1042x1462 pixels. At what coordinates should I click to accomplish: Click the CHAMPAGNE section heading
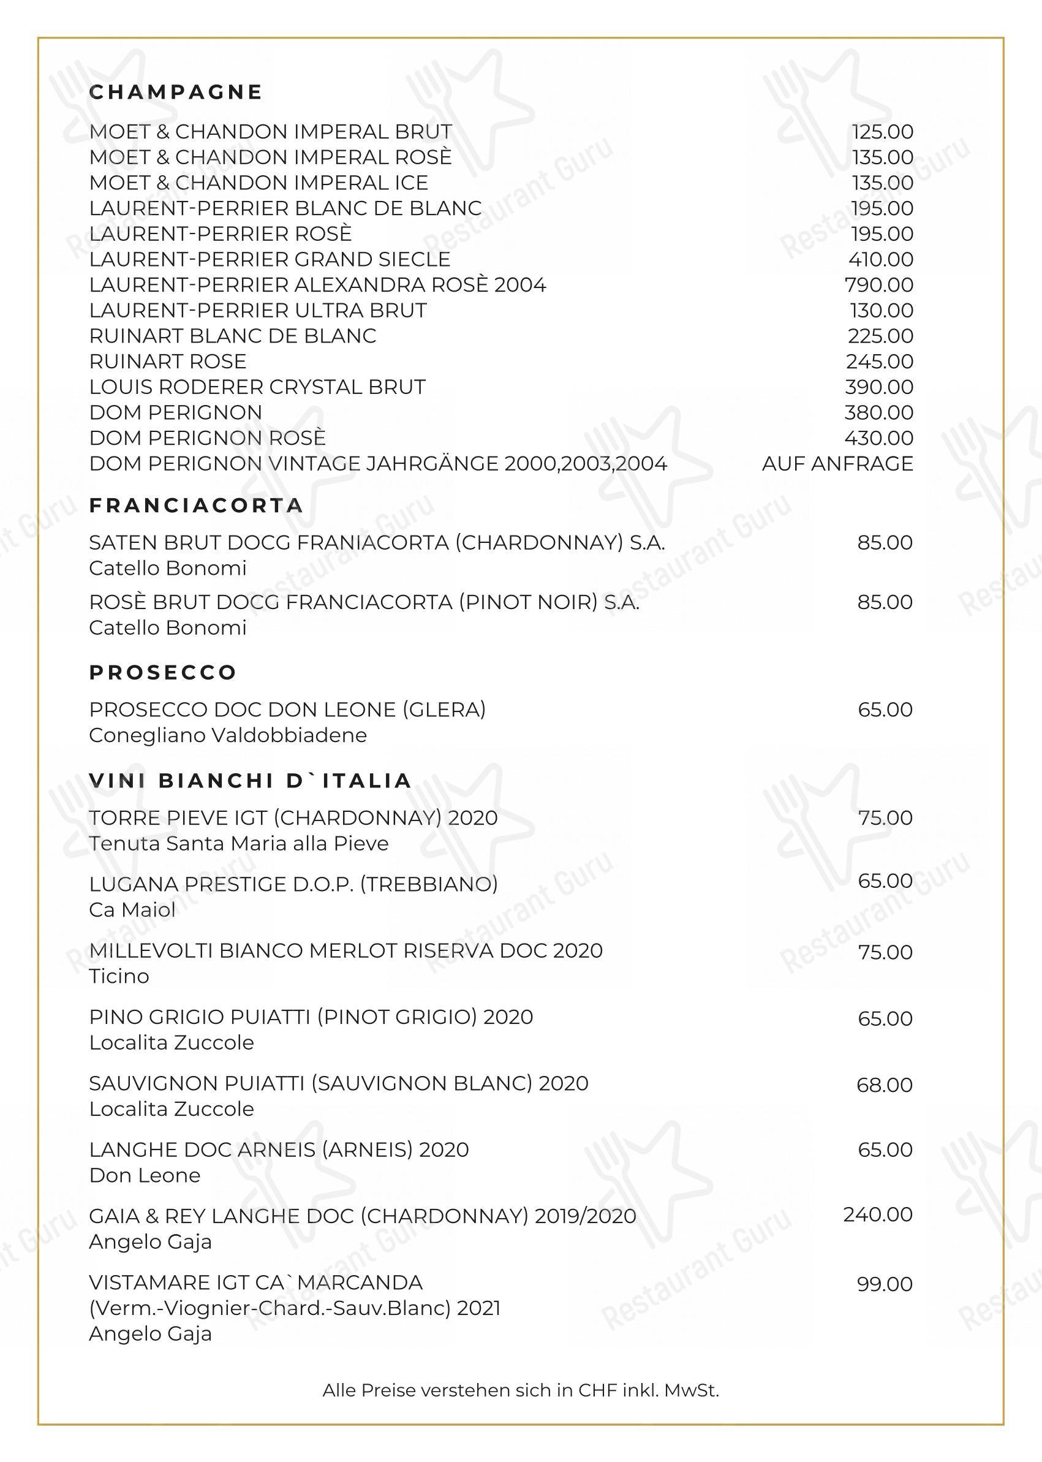click(176, 93)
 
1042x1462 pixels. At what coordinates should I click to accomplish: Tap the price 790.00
click(879, 285)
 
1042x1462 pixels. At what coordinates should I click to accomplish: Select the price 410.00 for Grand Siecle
click(880, 259)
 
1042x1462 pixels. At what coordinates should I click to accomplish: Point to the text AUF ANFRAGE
click(837, 463)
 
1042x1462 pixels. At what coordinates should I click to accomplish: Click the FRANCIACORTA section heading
click(195, 506)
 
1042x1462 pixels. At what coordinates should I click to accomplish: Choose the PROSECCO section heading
click(163, 673)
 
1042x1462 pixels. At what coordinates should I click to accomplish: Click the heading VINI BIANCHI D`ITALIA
click(250, 781)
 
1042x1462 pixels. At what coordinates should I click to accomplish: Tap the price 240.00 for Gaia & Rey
click(878, 1214)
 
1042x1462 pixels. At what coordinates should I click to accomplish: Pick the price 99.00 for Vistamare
click(885, 1284)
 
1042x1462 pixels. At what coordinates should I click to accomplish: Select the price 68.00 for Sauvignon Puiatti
click(884, 1085)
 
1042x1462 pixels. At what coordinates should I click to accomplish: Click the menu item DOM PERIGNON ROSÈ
click(207, 437)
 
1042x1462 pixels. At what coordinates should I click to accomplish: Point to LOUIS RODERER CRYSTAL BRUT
click(257, 387)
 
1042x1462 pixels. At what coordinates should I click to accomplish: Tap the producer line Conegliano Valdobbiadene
click(228, 735)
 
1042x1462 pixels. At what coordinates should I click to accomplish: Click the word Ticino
click(119, 976)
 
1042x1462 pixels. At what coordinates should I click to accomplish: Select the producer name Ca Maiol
click(132, 909)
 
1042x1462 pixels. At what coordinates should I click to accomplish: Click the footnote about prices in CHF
click(520, 1391)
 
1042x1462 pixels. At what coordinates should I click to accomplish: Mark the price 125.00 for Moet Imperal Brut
click(882, 132)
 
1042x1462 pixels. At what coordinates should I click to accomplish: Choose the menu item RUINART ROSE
click(167, 362)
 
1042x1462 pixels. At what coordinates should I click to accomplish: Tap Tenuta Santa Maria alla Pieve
click(239, 843)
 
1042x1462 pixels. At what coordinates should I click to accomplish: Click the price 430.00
click(879, 437)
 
